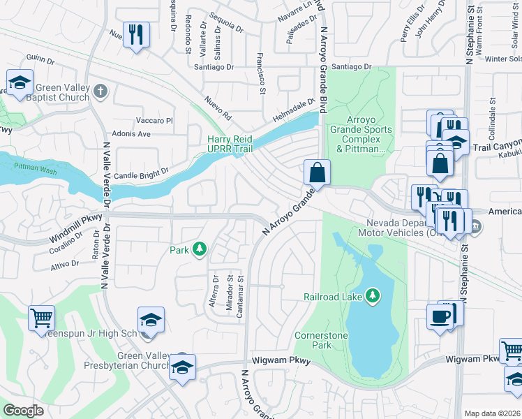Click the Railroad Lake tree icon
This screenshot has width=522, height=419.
(x=373, y=295)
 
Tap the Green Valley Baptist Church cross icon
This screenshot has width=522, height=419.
(x=100, y=91)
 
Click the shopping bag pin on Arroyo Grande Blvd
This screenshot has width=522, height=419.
(x=317, y=172)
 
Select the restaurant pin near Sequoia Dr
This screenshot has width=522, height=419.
(x=136, y=34)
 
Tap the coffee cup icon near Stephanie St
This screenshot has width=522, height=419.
(x=440, y=316)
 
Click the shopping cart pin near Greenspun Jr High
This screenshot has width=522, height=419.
(x=42, y=318)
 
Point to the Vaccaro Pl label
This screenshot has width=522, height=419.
(x=154, y=120)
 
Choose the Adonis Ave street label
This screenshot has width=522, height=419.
(x=130, y=133)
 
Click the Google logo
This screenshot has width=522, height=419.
(x=24, y=410)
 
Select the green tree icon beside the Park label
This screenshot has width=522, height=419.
(x=200, y=249)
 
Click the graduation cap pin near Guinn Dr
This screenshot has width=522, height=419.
(x=20, y=83)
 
